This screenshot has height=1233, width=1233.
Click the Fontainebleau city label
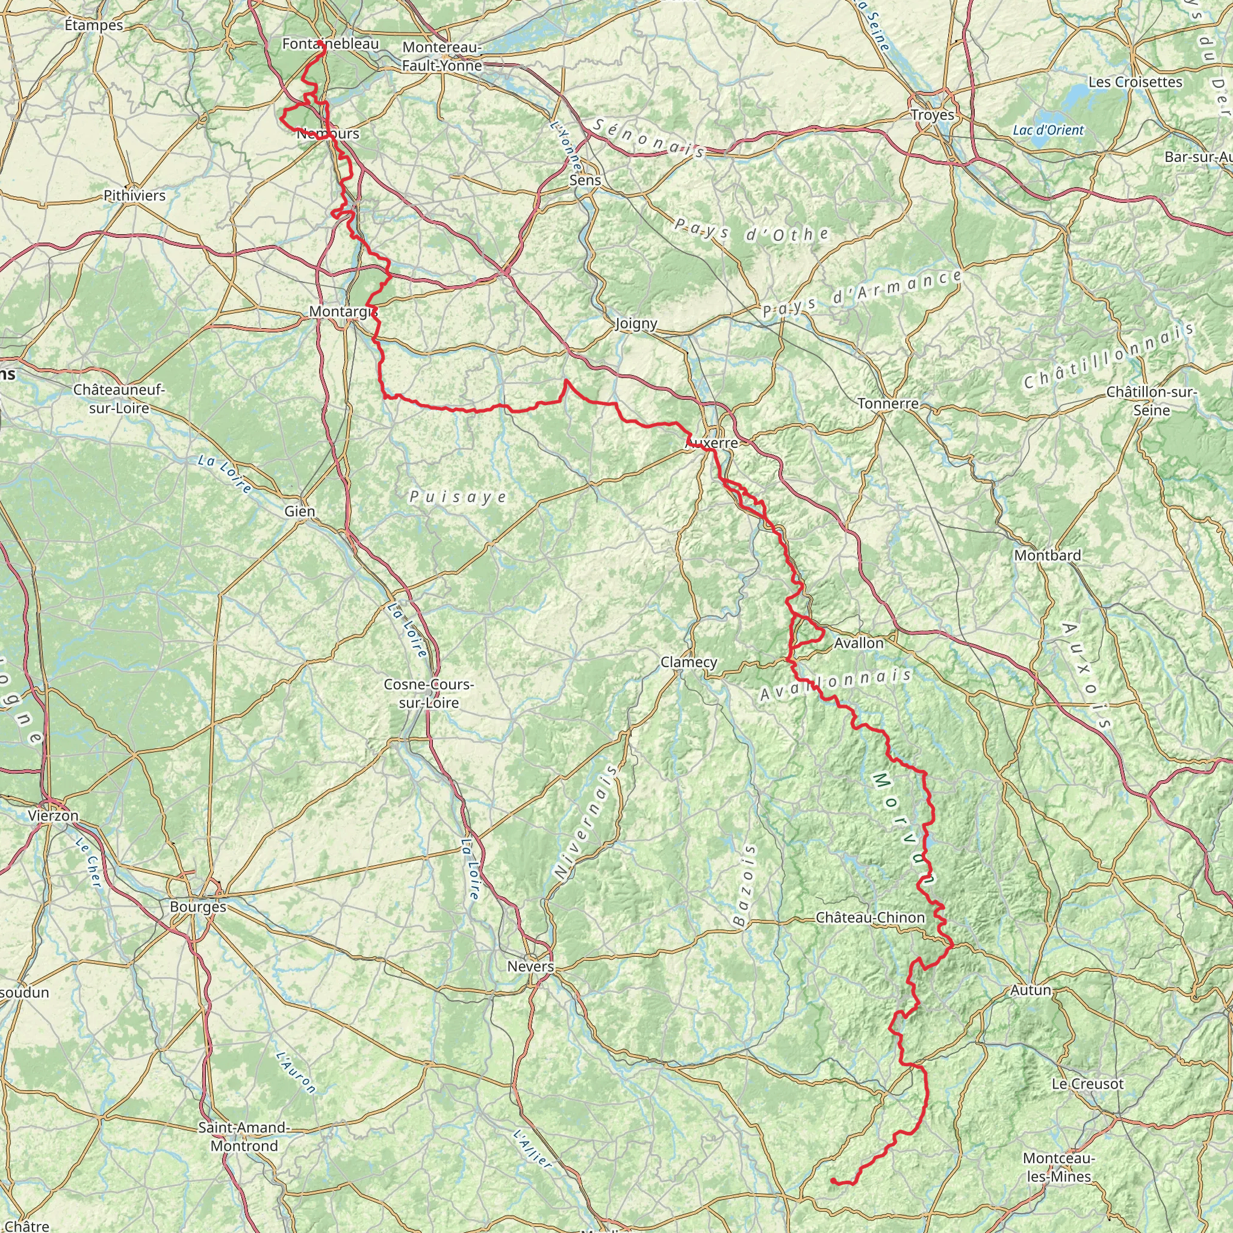[x=331, y=44]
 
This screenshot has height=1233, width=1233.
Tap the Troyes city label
[x=933, y=115]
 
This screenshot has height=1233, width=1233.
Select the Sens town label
[x=585, y=180]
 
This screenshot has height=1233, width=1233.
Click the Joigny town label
[x=636, y=323]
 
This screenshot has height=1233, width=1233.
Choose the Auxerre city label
[x=711, y=443]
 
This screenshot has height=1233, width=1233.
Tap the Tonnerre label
[x=888, y=403]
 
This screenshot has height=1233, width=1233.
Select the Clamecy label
[x=689, y=662]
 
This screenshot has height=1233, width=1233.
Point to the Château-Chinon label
[x=870, y=917]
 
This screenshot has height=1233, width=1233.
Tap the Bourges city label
[x=198, y=906]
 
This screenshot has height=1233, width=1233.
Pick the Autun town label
[x=1031, y=990]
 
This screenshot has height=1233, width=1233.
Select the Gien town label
[x=300, y=511]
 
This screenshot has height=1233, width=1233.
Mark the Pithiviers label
[x=135, y=195]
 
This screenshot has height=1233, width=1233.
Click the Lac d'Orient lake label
[x=1048, y=130]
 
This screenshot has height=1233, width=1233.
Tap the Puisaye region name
[x=458, y=497]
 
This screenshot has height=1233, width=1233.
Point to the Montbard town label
[x=1048, y=555]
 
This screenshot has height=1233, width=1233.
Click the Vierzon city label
[x=53, y=816]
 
